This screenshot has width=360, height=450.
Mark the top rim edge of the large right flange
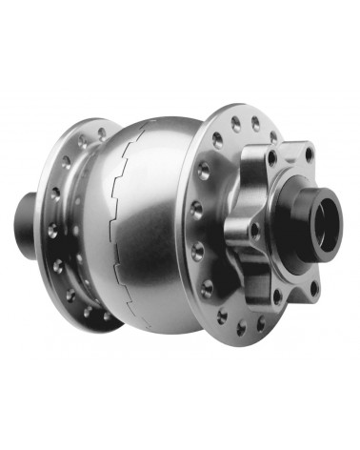pos(243,107)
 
